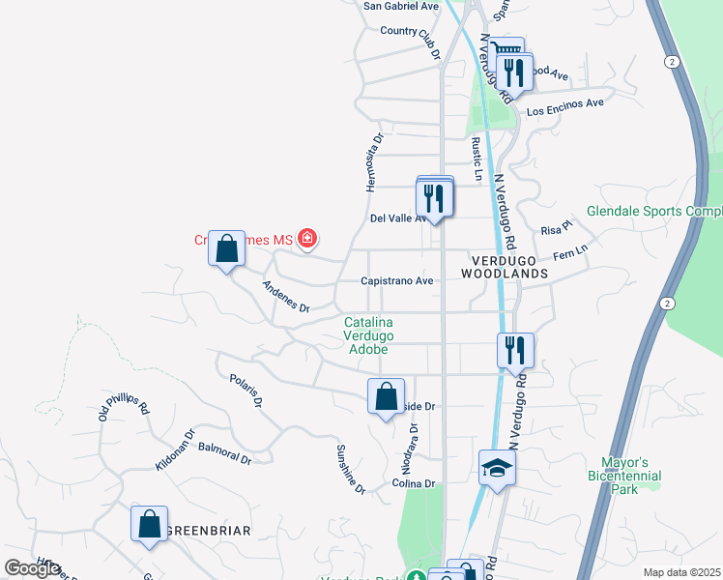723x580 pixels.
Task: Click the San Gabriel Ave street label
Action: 400,6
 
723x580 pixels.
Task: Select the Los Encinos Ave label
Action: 564,106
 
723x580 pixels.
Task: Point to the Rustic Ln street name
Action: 477,159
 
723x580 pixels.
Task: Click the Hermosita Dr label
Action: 375,162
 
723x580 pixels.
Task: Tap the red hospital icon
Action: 307,238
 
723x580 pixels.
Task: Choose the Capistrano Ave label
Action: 396,280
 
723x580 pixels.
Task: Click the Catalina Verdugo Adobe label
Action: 369,335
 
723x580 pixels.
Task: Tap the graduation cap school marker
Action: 497,469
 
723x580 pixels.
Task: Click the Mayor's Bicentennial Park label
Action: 624,477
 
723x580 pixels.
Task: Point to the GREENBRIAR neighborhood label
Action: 208,531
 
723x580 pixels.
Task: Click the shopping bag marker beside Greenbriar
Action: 150,525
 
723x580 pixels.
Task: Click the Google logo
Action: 33,568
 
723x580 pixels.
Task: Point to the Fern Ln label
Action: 569,253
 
